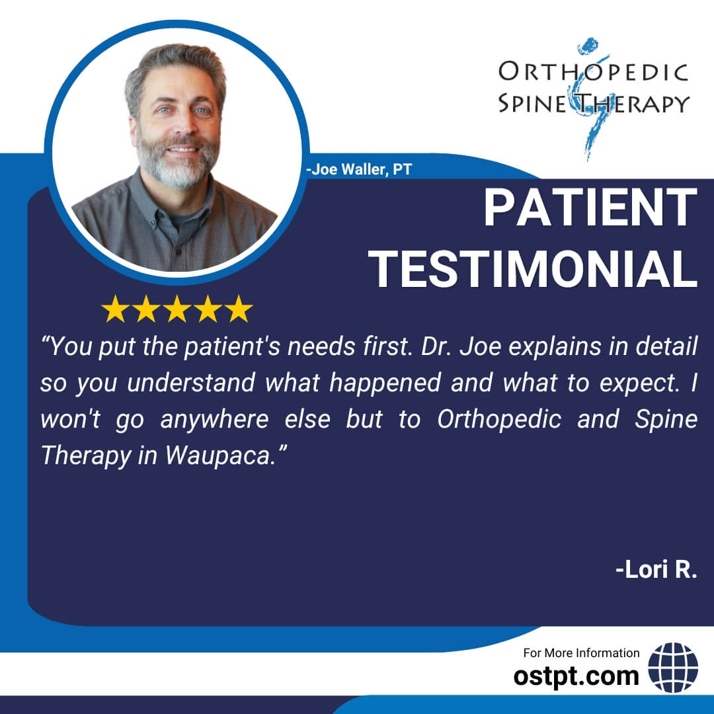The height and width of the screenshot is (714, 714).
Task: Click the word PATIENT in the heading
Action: [x=590, y=208]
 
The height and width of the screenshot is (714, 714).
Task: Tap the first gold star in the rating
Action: [x=115, y=309]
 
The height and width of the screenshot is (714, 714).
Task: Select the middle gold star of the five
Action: [x=177, y=309]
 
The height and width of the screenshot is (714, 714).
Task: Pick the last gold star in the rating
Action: [x=238, y=309]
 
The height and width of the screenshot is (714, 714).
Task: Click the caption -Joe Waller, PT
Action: [x=359, y=169]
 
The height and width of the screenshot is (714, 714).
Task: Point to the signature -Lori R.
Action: [x=656, y=569]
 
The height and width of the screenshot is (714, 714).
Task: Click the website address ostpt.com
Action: [x=576, y=676]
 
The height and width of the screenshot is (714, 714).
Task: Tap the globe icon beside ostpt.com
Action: [x=673, y=668]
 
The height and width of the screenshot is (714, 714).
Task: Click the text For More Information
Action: [x=581, y=653]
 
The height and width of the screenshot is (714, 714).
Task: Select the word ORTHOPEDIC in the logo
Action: [x=593, y=72]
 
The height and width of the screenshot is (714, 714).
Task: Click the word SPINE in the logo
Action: [x=531, y=103]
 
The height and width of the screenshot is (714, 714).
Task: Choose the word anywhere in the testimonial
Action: [x=214, y=420]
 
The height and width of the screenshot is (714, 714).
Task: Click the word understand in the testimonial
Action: [x=191, y=383]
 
